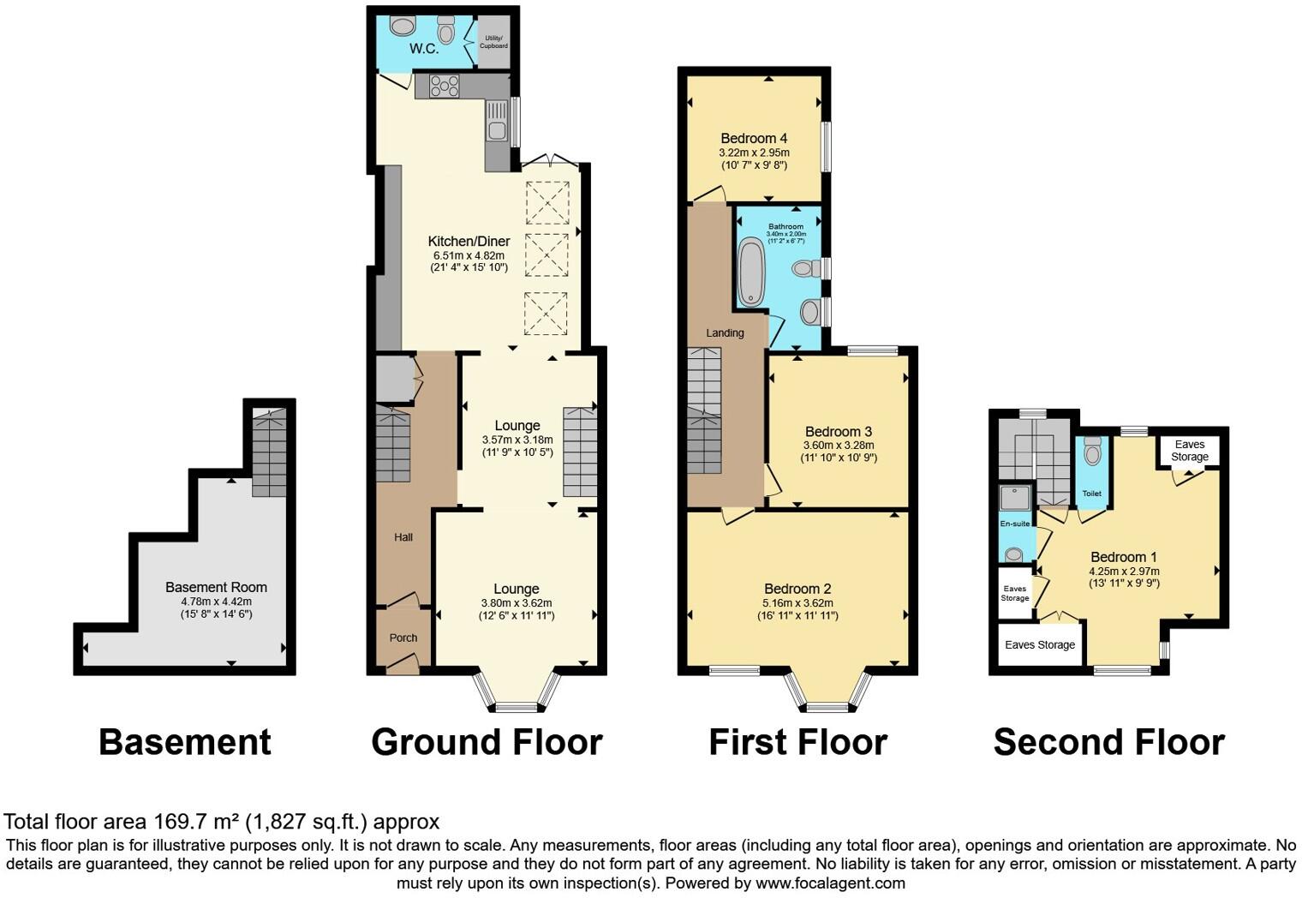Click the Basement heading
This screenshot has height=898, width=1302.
pyautogui.click(x=184, y=742)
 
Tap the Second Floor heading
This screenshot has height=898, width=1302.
pyautogui.click(x=1108, y=742)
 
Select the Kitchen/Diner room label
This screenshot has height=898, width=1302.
pyautogui.click(x=469, y=242)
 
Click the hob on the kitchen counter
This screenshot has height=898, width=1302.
pyautogui.click(x=445, y=87)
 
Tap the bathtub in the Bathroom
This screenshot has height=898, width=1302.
pyautogui.click(x=751, y=272)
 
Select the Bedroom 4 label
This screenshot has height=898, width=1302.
pyautogui.click(x=754, y=138)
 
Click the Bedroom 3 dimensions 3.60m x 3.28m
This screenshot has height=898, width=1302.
pyautogui.click(x=838, y=446)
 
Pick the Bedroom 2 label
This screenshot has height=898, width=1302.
pyautogui.click(x=797, y=589)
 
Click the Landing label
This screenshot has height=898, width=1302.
pyautogui.click(x=725, y=332)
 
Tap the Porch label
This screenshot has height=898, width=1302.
pyautogui.click(x=403, y=638)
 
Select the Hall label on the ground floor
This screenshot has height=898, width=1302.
pyautogui.click(x=403, y=537)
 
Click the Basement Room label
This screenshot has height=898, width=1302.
pyautogui.click(x=216, y=587)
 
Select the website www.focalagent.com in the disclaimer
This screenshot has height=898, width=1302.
pyautogui.click(x=829, y=883)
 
